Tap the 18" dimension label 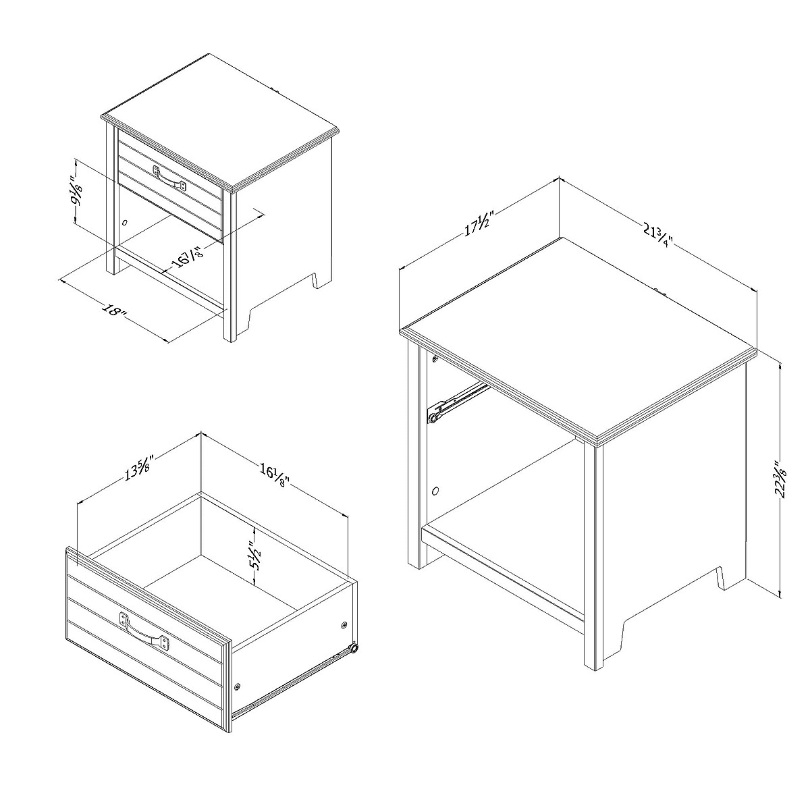[x=115, y=312]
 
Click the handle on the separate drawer [x=144, y=630]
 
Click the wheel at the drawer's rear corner [x=353, y=649]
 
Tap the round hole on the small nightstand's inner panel [x=124, y=221]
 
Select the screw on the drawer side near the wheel [x=344, y=626]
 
